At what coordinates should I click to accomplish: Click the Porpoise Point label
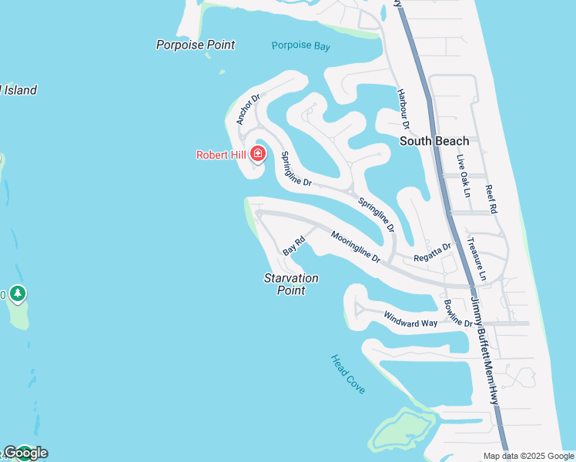click(196, 45)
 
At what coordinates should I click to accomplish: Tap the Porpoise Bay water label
click(301, 46)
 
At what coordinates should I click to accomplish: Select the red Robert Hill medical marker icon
click(258, 154)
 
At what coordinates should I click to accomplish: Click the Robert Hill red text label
click(221, 155)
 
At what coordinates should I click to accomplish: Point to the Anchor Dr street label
click(249, 109)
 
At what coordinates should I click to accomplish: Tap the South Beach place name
click(434, 141)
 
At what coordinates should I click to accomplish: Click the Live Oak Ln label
click(462, 176)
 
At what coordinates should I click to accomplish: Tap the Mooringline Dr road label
click(356, 246)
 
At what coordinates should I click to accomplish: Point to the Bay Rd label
click(294, 246)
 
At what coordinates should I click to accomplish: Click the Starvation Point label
click(291, 283)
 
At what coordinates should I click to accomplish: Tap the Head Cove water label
click(347, 373)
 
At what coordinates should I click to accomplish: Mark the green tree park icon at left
click(18, 293)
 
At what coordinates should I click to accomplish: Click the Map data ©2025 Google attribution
click(529, 456)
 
